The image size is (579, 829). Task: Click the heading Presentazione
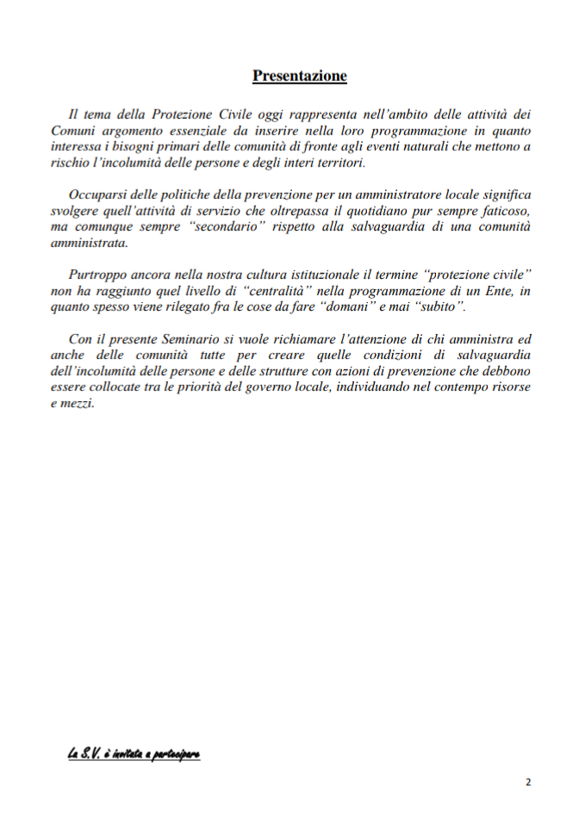pyautogui.click(x=299, y=77)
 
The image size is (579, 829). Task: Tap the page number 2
pyautogui.click(x=528, y=782)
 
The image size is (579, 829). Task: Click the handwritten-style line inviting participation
pyautogui.click(x=134, y=754)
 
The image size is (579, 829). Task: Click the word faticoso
pyautogui.click(x=503, y=213)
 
